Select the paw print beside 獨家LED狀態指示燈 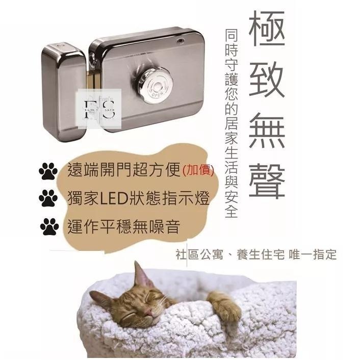pos(48,199)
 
